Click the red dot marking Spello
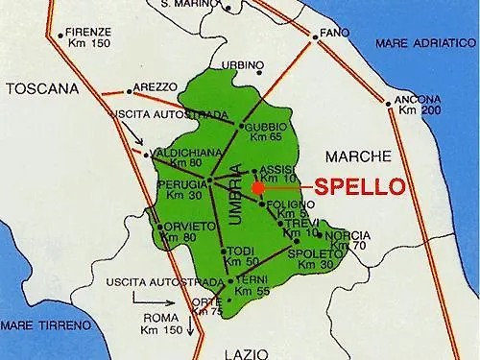(x=257, y=187)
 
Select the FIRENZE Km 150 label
(x=88, y=38)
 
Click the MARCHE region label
(x=358, y=156)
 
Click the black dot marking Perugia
(x=209, y=180)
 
